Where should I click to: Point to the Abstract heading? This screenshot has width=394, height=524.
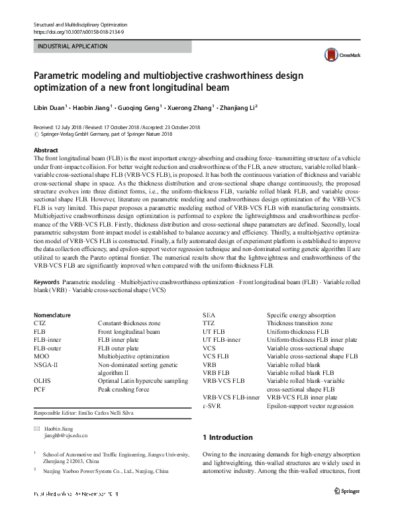tap(46, 150)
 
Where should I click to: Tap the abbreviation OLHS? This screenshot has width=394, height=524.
tap(41, 381)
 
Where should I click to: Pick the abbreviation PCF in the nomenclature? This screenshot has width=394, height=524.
tap(38, 389)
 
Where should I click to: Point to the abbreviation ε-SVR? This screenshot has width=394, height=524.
tap(212, 405)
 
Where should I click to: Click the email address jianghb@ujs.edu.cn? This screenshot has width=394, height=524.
tap(66, 437)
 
